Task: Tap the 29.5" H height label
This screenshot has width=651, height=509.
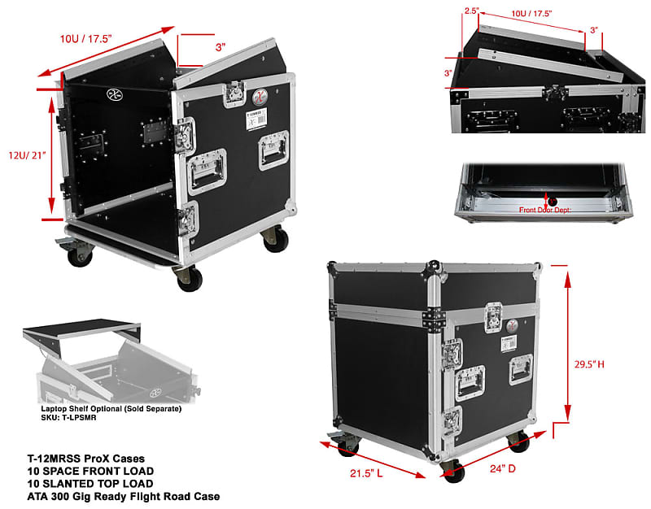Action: pyautogui.click(x=587, y=364)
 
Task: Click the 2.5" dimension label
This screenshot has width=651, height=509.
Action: pyautogui.click(x=472, y=11)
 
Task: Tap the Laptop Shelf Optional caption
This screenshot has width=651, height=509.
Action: pyautogui.click(x=111, y=407)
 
